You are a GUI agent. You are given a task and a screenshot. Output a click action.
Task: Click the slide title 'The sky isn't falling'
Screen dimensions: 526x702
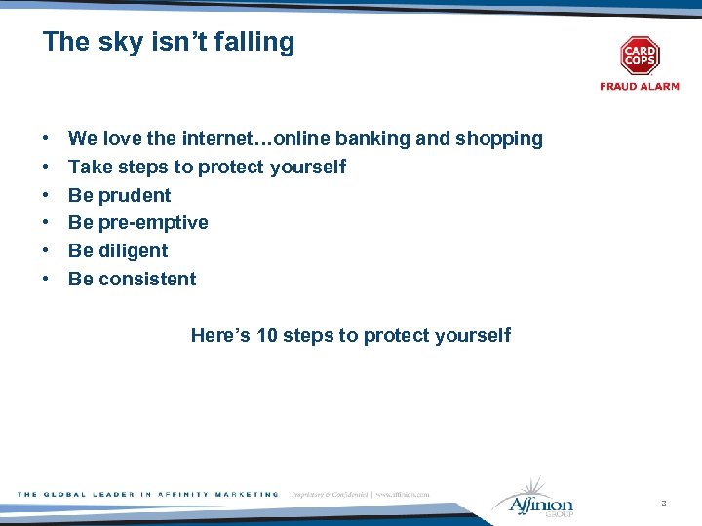tap(169, 43)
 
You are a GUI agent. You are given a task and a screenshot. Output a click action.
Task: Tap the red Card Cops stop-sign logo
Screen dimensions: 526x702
tap(640, 56)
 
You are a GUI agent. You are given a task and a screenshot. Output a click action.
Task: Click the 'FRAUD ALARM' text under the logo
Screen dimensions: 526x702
tap(640, 87)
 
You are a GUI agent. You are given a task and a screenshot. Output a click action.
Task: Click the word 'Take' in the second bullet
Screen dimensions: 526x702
tap(88, 167)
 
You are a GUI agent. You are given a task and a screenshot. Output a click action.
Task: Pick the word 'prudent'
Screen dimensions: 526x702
tap(135, 195)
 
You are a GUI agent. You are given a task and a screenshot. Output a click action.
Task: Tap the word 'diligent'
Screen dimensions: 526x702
tap(134, 250)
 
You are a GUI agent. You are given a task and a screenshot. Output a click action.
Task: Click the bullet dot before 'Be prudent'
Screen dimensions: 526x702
tap(47, 195)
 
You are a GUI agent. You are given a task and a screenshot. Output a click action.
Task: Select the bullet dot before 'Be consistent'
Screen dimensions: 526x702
tap(47, 279)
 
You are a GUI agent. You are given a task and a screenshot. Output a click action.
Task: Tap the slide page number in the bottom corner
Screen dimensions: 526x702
tap(663, 503)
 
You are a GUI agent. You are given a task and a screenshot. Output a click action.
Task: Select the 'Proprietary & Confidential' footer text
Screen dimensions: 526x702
tap(330, 495)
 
